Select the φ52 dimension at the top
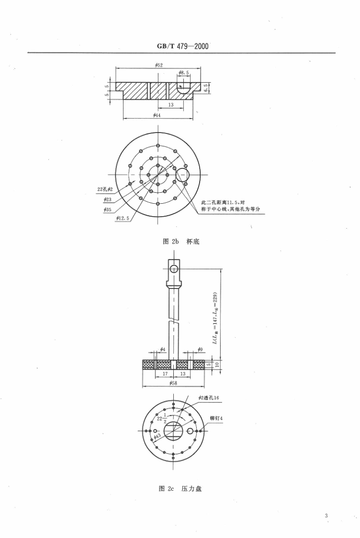(158, 65)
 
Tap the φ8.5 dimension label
(184, 73)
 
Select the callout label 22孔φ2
(105, 189)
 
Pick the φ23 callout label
(108, 199)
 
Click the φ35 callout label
(108, 210)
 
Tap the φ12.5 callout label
(122, 218)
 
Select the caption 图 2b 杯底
(180, 242)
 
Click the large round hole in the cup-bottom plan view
(182, 175)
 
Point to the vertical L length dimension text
(215, 318)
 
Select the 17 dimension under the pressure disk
(158, 373)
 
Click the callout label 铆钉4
(216, 419)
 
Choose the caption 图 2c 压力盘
(180, 489)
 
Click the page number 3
(326, 516)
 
